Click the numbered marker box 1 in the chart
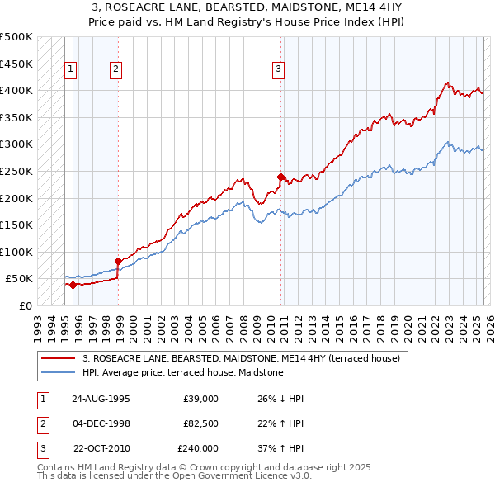(72, 70)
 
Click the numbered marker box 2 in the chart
(115, 70)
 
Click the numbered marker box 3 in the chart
(279, 70)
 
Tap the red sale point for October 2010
(280, 177)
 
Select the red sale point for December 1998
(118, 261)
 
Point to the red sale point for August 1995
(73, 285)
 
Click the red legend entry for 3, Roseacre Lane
(241, 358)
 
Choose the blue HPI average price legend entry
(182, 372)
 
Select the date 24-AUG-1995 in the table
(101, 399)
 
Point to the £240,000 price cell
(198, 448)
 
